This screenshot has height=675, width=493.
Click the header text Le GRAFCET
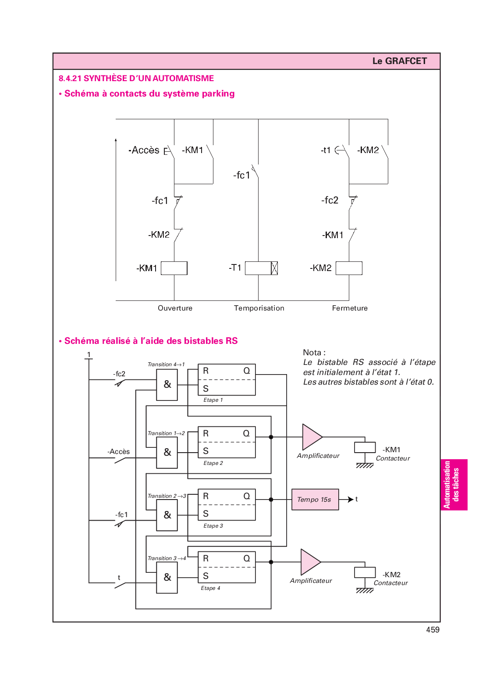(x=399, y=61)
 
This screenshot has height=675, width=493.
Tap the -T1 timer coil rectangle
(x=261, y=268)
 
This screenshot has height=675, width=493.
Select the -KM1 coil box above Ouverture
(x=174, y=268)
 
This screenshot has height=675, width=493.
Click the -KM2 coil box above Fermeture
(x=349, y=268)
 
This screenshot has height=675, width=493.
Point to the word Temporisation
(x=259, y=308)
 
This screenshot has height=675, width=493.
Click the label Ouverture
(x=175, y=308)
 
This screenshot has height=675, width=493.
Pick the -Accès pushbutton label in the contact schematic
(x=144, y=150)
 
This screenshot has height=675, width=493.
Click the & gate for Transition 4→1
(x=167, y=385)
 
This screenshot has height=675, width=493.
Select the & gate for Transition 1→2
(x=167, y=452)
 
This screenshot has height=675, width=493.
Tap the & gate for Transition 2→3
(x=167, y=515)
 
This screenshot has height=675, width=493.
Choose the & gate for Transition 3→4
(x=167, y=577)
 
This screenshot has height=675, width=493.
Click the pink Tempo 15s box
(x=315, y=500)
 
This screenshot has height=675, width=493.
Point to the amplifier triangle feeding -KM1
(x=311, y=437)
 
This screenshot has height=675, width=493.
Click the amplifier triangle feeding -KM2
(x=310, y=562)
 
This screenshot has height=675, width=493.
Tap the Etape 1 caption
(x=213, y=400)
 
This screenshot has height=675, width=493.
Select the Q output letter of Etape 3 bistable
(x=247, y=496)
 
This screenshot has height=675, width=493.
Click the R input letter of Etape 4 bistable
(x=206, y=558)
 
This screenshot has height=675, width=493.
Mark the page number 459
(x=433, y=630)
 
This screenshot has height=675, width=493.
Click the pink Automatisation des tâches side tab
(x=453, y=485)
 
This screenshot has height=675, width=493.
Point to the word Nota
(x=312, y=353)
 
